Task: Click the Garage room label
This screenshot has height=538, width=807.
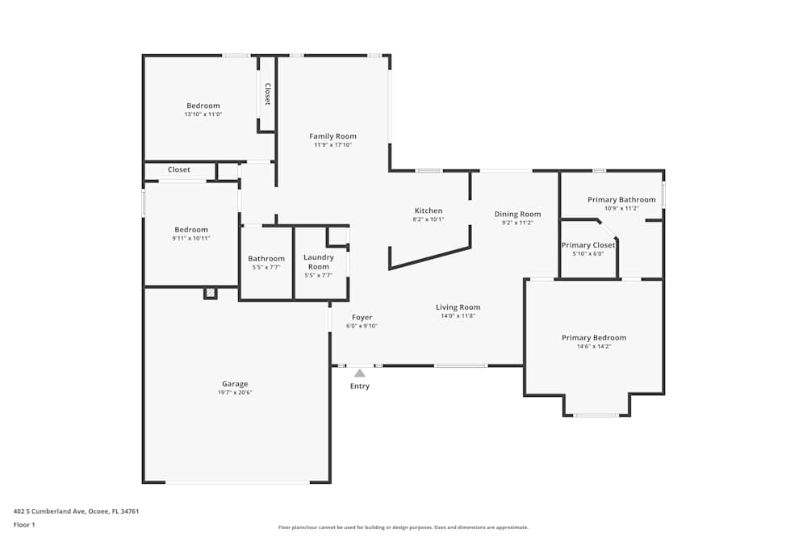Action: coord(235,384)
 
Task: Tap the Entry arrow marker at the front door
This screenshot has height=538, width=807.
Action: coord(360,373)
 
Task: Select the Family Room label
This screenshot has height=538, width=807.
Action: coord(332,136)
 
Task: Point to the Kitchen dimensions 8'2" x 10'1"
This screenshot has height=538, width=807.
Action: coord(428,219)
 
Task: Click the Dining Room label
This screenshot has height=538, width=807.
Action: coord(517,214)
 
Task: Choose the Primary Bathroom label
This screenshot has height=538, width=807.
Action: coord(621,199)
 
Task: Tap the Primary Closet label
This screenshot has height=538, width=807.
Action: coord(588,245)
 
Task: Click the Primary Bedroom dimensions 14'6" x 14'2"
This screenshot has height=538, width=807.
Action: coord(594,346)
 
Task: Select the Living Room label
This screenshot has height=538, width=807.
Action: coord(458,307)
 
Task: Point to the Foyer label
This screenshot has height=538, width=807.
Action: coord(362,317)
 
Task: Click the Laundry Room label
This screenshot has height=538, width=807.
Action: coord(319,261)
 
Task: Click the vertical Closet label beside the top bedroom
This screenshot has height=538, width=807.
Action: coord(267,94)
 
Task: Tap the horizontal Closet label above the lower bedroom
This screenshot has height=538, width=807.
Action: coord(179,170)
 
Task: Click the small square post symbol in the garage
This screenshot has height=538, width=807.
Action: coord(211,294)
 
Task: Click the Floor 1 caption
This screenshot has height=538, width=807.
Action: coord(24,524)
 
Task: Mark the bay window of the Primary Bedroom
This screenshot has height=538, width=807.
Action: coord(596,415)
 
